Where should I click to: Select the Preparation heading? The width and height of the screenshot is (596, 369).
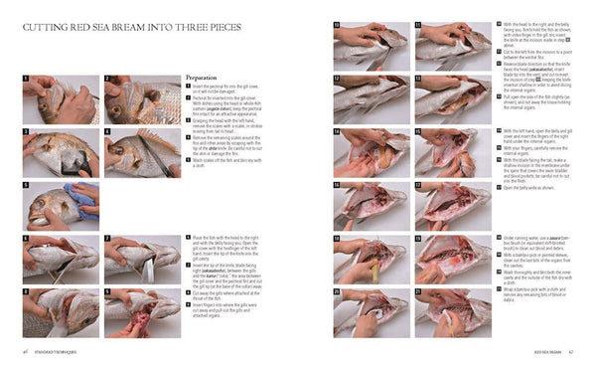coord(205,77)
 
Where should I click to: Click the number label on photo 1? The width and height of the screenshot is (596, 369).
coord(24,77)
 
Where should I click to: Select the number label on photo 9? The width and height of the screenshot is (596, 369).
coord(105,291)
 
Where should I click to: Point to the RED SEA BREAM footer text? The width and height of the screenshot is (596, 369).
coord(547,351)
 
